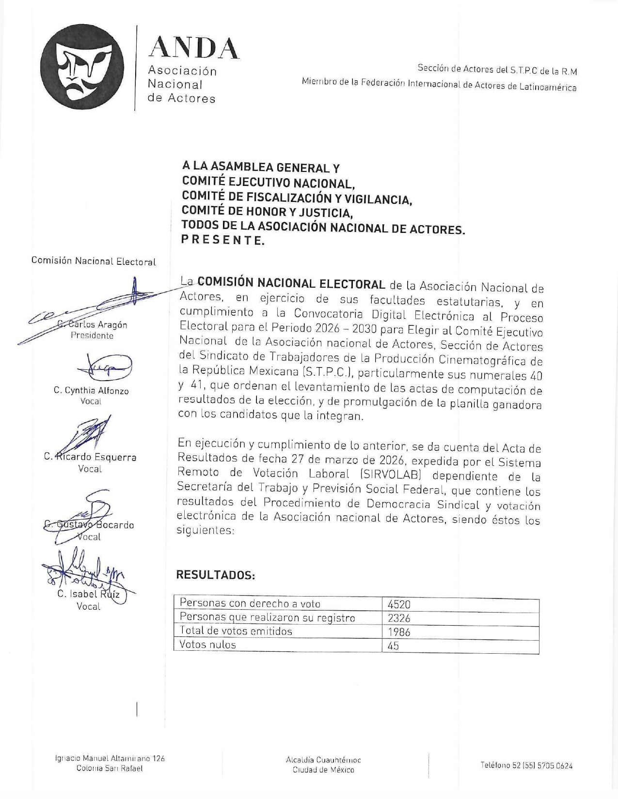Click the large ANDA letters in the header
click(x=193, y=47)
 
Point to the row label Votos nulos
click(x=207, y=645)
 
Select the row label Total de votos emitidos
click(x=236, y=631)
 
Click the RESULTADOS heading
click(x=215, y=575)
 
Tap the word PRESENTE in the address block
click(x=223, y=241)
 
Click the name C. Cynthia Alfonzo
click(x=91, y=391)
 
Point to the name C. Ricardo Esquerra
click(x=90, y=457)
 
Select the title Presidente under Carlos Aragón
click(x=92, y=336)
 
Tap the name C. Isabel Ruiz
click(x=88, y=594)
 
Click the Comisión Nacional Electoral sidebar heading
click(x=94, y=261)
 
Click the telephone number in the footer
click(x=526, y=766)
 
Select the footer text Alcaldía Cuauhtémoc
click(x=323, y=760)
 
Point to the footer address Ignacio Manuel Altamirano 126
click(x=110, y=758)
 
